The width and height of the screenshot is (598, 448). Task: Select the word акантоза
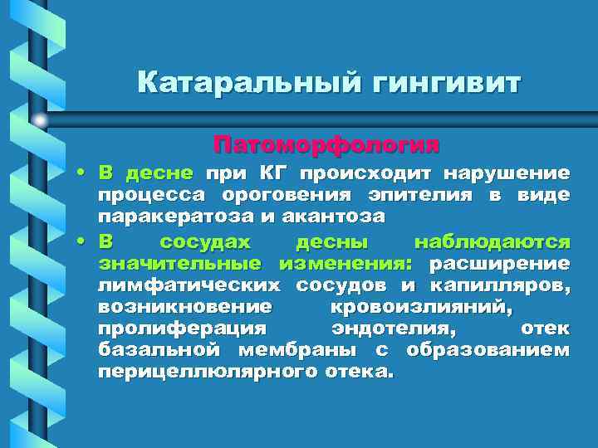point(331,217)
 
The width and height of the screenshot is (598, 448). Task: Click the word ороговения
point(270,196)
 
